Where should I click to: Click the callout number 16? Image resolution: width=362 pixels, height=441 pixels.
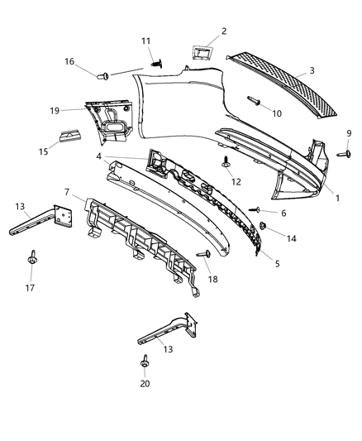[x=69, y=61]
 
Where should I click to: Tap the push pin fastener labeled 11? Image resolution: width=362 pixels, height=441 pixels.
[x=155, y=60]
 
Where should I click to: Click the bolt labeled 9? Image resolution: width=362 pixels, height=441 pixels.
[x=340, y=152]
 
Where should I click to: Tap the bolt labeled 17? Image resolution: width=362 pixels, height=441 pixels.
[x=33, y=259]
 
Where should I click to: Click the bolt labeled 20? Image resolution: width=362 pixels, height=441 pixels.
[x=145, y=363]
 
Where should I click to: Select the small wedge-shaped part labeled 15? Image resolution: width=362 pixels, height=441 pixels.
[x=71, y=138]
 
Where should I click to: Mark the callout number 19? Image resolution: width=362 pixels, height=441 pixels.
[x=55, y=110]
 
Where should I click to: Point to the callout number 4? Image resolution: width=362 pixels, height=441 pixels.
[x=98, y=156]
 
